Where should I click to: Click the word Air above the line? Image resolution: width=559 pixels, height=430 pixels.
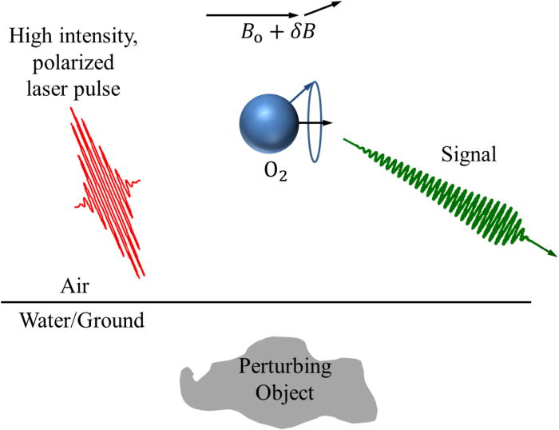tap(76, 286)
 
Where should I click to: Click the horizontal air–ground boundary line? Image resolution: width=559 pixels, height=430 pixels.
tap(240, 302)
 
